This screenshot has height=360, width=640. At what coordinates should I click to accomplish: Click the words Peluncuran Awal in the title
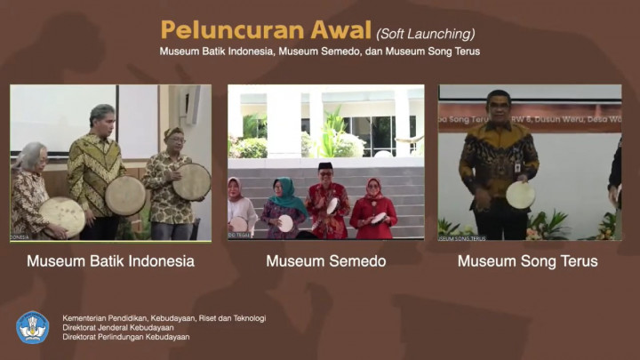click(266, 29)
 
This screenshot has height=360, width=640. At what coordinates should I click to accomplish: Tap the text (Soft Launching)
click(425, 34)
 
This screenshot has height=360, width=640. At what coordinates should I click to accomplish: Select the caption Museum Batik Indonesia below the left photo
click(110, 261)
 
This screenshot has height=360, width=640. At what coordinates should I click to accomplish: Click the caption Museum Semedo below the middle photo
click(325, 261)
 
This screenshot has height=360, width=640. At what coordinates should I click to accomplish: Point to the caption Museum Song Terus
click(527, 261)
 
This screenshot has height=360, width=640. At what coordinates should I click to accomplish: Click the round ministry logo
click(33, 327)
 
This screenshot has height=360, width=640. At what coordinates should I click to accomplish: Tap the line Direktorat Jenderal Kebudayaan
click(118, 327)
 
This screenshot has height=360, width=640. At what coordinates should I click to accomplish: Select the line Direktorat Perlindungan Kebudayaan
click(125, 337)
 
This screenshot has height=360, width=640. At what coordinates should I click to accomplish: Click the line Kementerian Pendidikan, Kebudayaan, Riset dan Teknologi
click(164, 317)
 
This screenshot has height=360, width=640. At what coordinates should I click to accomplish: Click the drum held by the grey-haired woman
click(62, 216)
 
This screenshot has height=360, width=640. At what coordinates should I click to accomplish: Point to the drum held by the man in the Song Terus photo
click(520, 194)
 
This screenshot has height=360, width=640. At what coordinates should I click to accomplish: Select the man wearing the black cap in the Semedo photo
click(326, 201)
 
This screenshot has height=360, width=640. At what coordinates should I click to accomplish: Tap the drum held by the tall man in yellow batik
click(125, 195)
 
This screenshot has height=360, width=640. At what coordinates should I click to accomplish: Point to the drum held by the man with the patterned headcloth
click(191, 181)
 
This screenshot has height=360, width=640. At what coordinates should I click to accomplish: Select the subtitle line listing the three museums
click(320, 52)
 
